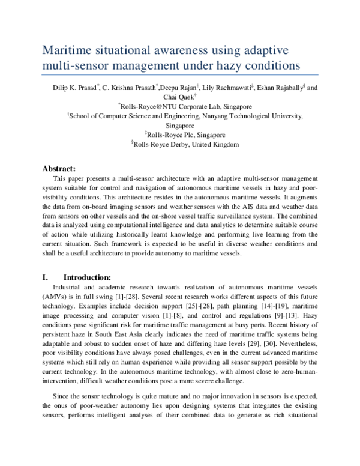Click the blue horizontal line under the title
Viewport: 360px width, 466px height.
pyautogui.click(x=180, y=75)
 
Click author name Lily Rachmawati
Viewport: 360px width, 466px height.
pyautogui.click(x=227, y=88)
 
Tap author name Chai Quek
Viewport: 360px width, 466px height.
pyautogui.click(x=177, y=97)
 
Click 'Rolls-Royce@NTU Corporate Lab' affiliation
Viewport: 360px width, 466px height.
pyautogui.click(x=176, y=106)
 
